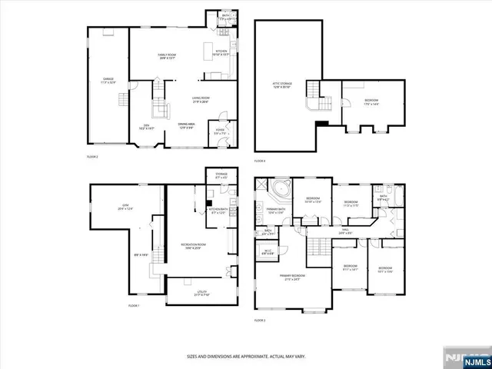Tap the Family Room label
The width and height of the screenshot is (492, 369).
point(167,56)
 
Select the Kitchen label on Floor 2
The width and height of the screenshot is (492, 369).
point(221,52)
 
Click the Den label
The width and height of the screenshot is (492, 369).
point(146,127)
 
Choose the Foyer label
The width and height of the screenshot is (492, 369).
point(220,132)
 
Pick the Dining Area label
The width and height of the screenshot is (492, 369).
point(187,125)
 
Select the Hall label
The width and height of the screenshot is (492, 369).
point(346,229)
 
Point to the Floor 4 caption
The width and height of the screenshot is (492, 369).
point(260,161)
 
